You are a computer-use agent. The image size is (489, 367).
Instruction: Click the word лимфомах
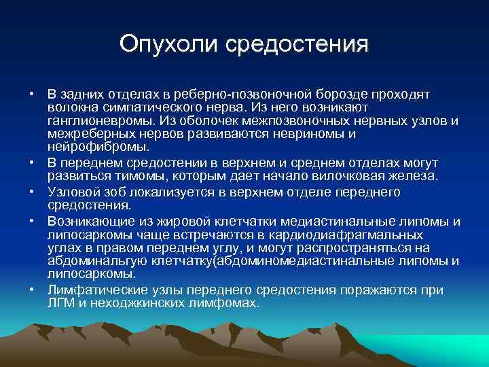[x=224, y=303]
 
